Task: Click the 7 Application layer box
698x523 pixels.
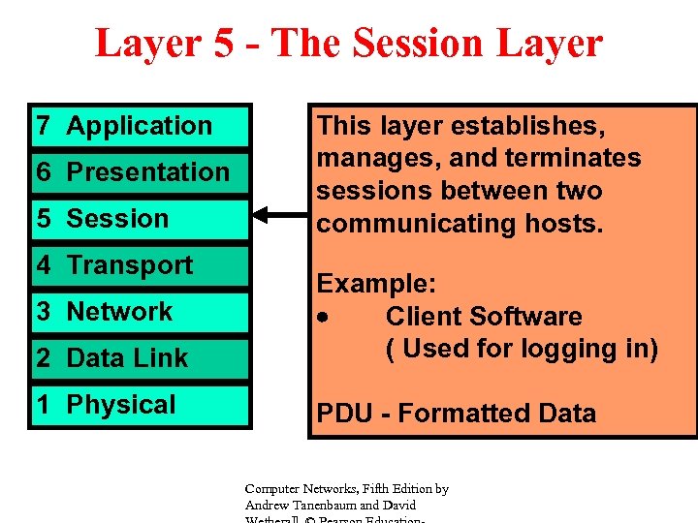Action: [140, 126]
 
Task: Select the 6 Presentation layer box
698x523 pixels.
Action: [140, 172]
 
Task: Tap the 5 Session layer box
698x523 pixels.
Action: [140, 219]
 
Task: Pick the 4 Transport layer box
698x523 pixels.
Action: [140, 265]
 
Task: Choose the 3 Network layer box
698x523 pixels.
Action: [140, 312]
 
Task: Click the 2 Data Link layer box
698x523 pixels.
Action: [140, 358]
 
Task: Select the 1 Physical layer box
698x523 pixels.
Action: [140, 405]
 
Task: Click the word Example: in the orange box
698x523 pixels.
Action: [377, 284]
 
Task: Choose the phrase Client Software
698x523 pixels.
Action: [484, 317]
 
